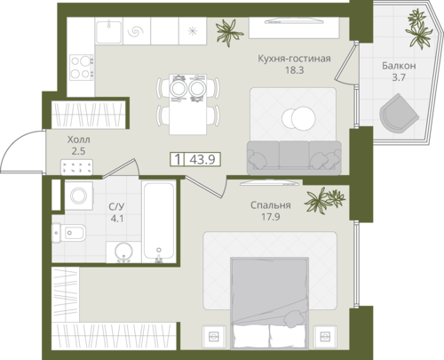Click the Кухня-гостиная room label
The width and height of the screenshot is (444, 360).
tap(294, 59)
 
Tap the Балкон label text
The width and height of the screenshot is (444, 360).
tap(399, 66)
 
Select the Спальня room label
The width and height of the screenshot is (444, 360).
tap(271, 205)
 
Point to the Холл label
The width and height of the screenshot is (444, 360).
tap(78, 140)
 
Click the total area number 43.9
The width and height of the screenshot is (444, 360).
tap(202, 160)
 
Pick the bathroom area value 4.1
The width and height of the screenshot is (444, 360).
tap(117, 219)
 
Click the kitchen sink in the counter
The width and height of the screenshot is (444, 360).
tap(109, 31)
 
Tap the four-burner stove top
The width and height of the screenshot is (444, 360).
tap(82, 67)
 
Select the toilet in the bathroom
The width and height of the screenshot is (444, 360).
tap(68, 233)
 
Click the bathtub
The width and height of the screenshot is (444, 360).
tap(159, 222)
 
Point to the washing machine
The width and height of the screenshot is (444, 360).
tap(79, 196)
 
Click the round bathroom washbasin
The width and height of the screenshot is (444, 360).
tap(123, 252)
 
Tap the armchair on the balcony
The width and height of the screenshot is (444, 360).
tap(399, 113)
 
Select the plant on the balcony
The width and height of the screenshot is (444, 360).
tap(419, 28)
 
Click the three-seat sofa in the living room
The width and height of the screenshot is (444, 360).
tap(294, 157)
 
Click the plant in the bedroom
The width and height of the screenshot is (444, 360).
tap(325, 200)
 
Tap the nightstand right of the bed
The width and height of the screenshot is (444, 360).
tap(325, 336)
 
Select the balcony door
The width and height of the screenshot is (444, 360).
tap(345, 63)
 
